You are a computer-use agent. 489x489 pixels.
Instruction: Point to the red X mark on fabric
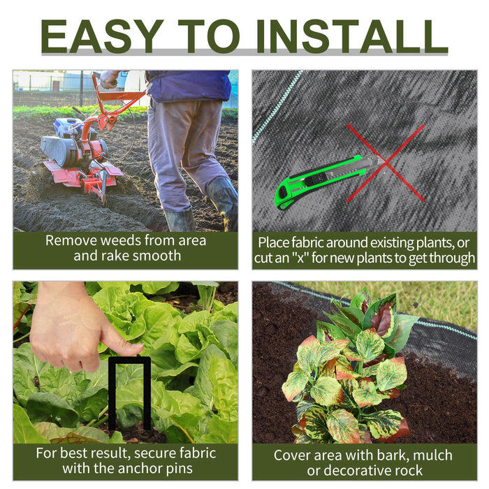pos(386,163)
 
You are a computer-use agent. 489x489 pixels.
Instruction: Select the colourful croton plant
pos(349,370)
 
